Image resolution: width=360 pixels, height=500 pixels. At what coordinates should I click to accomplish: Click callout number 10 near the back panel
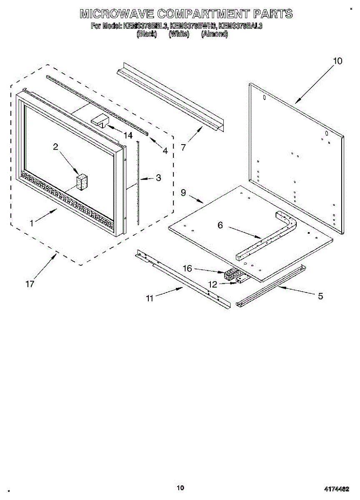pyautogui.click(x=337, y=61)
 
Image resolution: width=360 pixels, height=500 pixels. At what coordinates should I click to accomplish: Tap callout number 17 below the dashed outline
pyautogui.click(x=30, y=284)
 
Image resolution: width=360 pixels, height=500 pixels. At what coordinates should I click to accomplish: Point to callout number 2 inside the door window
pyautogui.click(x=55, y=146)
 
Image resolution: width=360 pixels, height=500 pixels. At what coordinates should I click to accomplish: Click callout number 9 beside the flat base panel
pyautogui.click(x=183, y=192)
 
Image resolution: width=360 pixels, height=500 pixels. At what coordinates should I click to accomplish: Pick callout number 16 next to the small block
pyautogui.click(x=187, y=269)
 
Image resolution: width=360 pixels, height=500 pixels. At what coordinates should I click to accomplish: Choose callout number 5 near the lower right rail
pyautogui.click(x=320, y=296)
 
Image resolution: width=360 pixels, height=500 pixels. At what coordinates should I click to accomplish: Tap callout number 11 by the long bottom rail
pyautogui.click(x=150, y=298)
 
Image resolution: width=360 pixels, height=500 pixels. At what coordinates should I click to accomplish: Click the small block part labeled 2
pyautogui.click(x=82, y=182)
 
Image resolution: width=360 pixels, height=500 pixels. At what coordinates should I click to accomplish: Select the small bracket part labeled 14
pyautogui.click(x=99, y=120)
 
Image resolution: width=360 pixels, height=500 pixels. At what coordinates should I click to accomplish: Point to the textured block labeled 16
pyautogui.click(x=230, y=275)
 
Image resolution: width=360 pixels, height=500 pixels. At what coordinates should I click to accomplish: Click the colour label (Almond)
pyautogui.click(x=214, y=35)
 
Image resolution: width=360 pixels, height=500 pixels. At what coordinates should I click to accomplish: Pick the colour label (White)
pyautogui.click(x=179, y=35)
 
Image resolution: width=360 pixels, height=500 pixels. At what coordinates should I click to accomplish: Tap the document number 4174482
pyautogui.click(x=336, y=489)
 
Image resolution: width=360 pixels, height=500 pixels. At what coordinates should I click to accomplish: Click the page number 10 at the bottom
pyautogui.click(x=180, y=488)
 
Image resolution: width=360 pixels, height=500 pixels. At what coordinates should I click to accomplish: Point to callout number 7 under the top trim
pyautogui.click(x=183, y=147)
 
